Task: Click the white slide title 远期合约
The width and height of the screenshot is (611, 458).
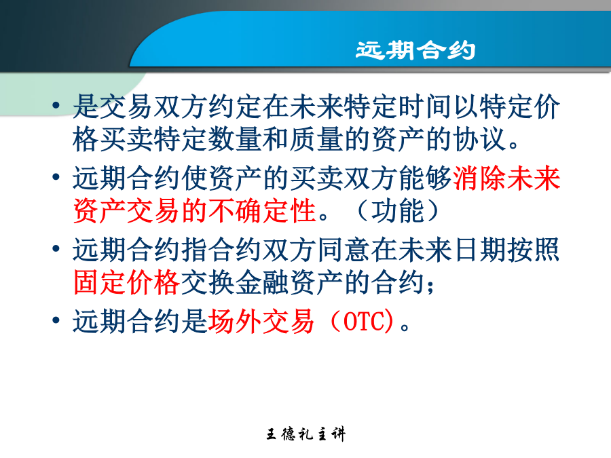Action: point(415,50)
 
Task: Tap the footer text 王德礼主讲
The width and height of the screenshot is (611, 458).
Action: point(306,434)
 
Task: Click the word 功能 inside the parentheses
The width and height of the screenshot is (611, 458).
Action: point(397,211)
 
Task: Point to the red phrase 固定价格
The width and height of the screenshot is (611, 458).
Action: point(126,282)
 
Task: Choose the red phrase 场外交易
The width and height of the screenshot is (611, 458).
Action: point(261,322)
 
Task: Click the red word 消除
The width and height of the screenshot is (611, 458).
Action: point(480,178)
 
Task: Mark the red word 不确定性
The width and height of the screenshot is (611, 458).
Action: point(262,211)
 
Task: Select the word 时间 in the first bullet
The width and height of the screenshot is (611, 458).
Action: point(425,107)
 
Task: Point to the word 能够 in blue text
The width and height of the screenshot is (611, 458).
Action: point(425,178)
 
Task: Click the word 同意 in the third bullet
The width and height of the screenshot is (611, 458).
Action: point(344,250)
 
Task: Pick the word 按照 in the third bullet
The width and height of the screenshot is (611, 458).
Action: point(534,250)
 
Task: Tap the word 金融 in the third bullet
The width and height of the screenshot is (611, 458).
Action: point(262,282)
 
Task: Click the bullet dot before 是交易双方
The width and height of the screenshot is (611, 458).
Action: point(56,105)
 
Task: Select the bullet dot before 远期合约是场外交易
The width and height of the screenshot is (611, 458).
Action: point(56,320)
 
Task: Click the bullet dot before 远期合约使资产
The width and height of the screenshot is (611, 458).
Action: point(56,177)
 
